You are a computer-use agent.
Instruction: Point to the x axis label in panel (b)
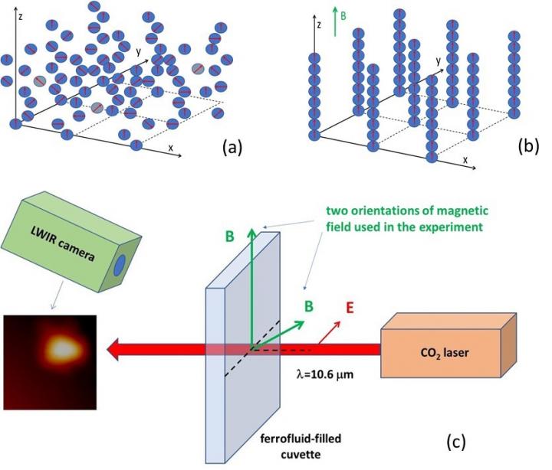coord(465,161)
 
